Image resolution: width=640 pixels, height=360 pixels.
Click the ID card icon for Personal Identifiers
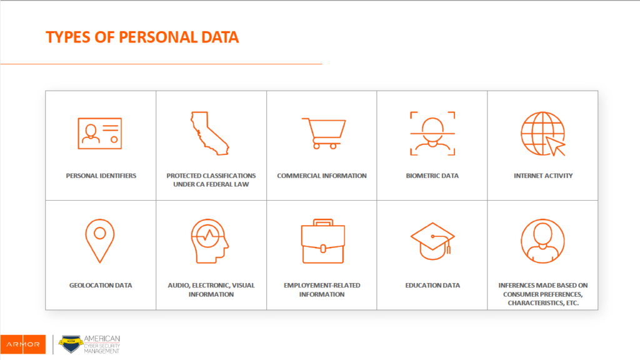click(x=100, y=134)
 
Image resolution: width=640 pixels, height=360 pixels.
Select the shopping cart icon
click(x=324, y=134)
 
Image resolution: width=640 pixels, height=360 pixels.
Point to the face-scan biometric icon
click(x=432, y=134)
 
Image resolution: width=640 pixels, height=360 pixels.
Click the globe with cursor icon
click(x=542, y=134)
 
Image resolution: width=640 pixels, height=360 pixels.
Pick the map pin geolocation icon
click(x=100, y=241)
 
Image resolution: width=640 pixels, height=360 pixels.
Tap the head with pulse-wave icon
click(x=209, y=241)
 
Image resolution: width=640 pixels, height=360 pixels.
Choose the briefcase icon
click(x=323, y=241)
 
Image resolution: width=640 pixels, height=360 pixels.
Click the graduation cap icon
click(x=432, y=241)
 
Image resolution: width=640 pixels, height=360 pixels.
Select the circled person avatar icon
click(x=542, y=241)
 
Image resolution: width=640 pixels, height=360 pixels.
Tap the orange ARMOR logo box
click(x=23, y=344)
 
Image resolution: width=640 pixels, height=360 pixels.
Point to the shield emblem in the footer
click(x=71, y=344)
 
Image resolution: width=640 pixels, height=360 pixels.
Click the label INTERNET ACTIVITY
click(x=543, y=176)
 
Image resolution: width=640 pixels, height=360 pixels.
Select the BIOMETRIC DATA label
click(x=432, y=176)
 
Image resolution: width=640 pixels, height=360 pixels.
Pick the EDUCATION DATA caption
click(x=432, y=285)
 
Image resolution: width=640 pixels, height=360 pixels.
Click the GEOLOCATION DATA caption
click(x=101, y=285)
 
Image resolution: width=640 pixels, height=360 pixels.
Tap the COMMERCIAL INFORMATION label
click(x=322, y=176)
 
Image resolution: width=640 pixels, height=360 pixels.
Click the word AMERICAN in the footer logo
click(x=102, y=339)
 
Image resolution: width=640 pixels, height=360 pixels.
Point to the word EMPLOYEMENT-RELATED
click(x=322, y=285)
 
